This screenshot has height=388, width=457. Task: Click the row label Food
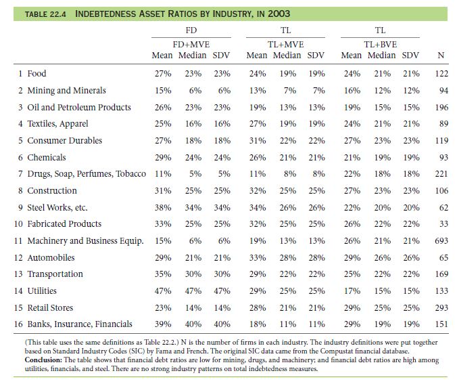37,73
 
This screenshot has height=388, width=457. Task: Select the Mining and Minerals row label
66,91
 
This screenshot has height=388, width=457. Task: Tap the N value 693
441,241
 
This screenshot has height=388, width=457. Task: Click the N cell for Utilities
441,291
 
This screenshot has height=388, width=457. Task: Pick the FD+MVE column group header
191,45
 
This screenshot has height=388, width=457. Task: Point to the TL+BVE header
381,45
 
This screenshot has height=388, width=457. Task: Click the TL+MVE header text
285,45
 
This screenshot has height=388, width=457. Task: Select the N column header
441,55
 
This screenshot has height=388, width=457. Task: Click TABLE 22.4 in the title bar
45,14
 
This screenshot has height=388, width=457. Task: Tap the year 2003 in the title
279,14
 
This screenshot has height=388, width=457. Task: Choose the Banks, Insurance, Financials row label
80,324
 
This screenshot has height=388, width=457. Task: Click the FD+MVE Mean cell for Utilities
163,291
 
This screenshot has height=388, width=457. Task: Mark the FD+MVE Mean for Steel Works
163,208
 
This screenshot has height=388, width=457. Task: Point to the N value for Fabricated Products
443,224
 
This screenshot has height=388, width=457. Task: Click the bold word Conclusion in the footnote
43,360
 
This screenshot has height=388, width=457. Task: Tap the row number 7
20,174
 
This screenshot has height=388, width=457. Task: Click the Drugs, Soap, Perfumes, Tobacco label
87,174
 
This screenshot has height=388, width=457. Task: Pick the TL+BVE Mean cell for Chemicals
352,158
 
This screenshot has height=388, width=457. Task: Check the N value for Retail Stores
441,308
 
